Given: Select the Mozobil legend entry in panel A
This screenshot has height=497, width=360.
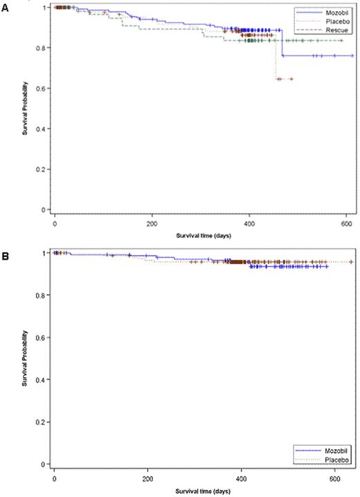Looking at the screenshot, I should [x=332, y=12].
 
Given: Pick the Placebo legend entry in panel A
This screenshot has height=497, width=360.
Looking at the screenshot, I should [x=332, y=20].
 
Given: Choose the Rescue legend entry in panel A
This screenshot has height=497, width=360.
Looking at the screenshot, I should [x=332, y=28].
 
